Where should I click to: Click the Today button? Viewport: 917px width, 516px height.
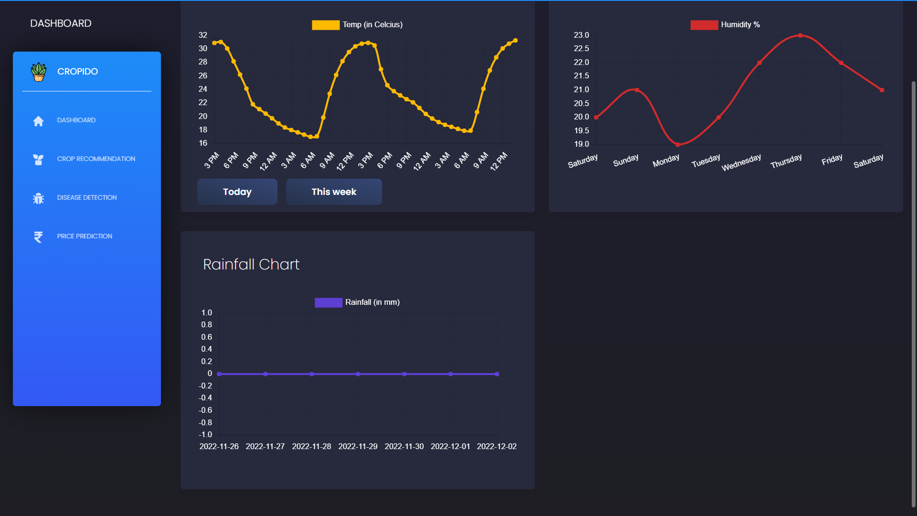pyautogui.click(x=237, y=192)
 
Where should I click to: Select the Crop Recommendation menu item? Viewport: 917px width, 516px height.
pyautogui.click(x=96, y=159)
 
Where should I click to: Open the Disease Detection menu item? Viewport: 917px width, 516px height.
pyautogui.click(x=86, y=197)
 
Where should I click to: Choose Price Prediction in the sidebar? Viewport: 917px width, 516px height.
pyautogui.click(x=85, y=236)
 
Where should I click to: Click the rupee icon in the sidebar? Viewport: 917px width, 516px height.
pyautogui.click(x=38, y=236)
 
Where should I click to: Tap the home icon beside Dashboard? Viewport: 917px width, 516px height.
pyautogui.click(x=38, y=121)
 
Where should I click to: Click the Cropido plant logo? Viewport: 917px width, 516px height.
pyautogui.click(x=38, y=72)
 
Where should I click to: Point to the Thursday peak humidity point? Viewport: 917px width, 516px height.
pyautogui.click(x=800, y=35)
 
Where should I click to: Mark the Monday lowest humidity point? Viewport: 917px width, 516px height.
pyautogui.click(x=678, y=144)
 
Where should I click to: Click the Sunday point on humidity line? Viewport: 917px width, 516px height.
pyautogui.click(x=637, y=90)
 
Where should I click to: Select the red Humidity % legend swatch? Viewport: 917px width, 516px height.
pyautogui.click(x=704, y=25)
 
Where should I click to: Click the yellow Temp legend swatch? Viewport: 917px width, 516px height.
pyautogui.click(x=325, y=25)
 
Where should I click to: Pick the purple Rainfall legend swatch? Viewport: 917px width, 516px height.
pyautogui.click(x=328, y=302)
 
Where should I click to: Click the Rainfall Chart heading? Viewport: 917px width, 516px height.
pyautogui.click(x=251, y=264)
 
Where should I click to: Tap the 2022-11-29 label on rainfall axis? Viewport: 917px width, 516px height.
pyautogui.click(x=358, y=446)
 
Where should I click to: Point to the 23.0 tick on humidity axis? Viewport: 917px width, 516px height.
pyautogui.click(x=581, y=35)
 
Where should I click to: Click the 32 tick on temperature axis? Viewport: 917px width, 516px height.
pyautogui.click(x=203, y=35)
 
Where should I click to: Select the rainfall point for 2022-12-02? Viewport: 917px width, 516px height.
pyautogui.click(x=497, y=374)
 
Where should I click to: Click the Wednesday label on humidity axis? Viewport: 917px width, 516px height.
pyautogui.click(x=741, y=162)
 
